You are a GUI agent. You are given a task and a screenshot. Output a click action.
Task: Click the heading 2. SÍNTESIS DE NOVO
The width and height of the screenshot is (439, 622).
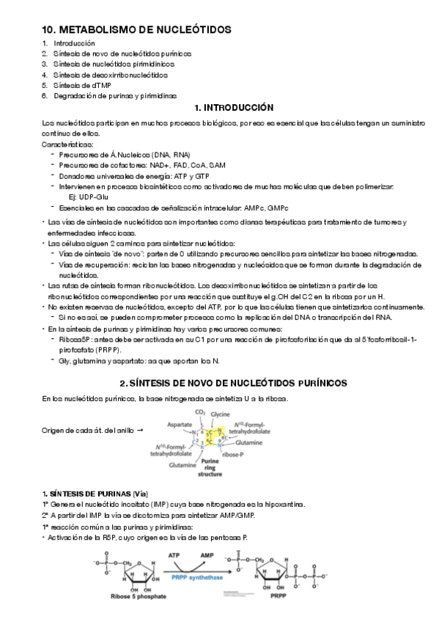pyautogui.click(x=233, y=384)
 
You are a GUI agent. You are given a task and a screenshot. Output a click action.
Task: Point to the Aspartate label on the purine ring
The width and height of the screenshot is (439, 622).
pyautogui.click(x=178, y=425)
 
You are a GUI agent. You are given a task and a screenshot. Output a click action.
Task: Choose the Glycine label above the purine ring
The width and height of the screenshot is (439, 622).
pyautogui.click(x=220, y=414)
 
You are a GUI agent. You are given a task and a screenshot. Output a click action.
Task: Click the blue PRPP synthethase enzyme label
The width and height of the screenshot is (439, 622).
pyautogui.click(x=197, y=577)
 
